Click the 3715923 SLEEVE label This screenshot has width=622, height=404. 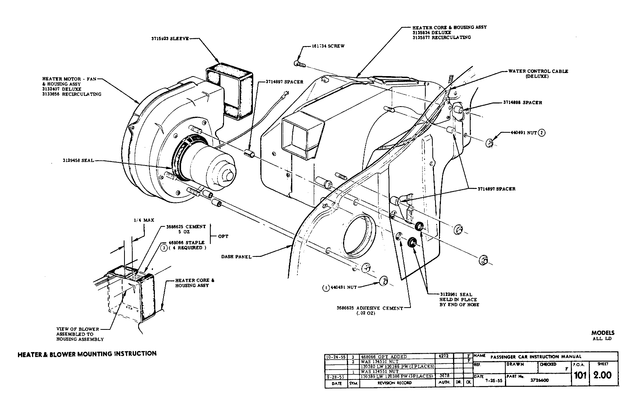click(170, 39)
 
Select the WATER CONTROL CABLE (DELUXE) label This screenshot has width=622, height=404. click(538, 74)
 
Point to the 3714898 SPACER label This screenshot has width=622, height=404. click(522, 103)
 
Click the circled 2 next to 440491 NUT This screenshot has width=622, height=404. click(542, 133)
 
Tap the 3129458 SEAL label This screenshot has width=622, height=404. click(78, 160)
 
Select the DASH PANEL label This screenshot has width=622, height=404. click(236, 256)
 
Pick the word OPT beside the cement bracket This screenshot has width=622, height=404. click(223, 236)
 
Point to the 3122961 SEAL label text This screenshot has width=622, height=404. click(456, 295)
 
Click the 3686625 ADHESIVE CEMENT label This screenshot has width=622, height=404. click(370, 308)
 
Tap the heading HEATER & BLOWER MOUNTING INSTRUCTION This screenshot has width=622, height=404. click(87, 354)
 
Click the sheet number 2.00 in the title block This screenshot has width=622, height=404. click(602, 376)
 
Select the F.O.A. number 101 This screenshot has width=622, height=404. click(580, 376)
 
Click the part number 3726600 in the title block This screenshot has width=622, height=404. click(537, 379)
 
